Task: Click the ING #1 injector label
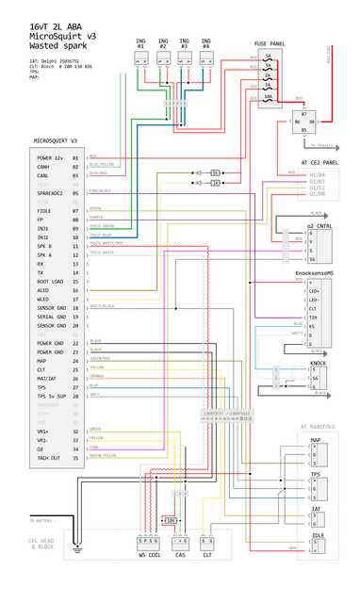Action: [140, 42]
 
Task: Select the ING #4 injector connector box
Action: [205, 58]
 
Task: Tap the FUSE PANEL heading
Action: [270, 43]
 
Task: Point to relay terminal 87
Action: [303, 113]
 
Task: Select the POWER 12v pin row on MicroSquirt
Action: [51, 157]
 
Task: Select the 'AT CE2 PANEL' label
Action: [319, 162]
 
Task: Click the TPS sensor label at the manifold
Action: [316, 474]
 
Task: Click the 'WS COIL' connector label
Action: [149, 556]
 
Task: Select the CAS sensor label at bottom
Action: [180, 556]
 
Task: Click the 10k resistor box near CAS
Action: [171, 520]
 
